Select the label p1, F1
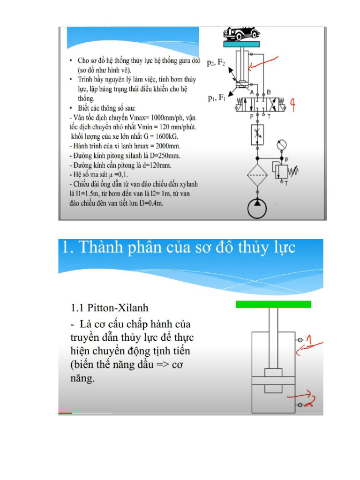[x=217, y=98]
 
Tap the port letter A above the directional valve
[x=252, y=92]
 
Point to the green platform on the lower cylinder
[x=273, y=304]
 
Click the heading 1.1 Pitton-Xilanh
[x=109, y=307]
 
